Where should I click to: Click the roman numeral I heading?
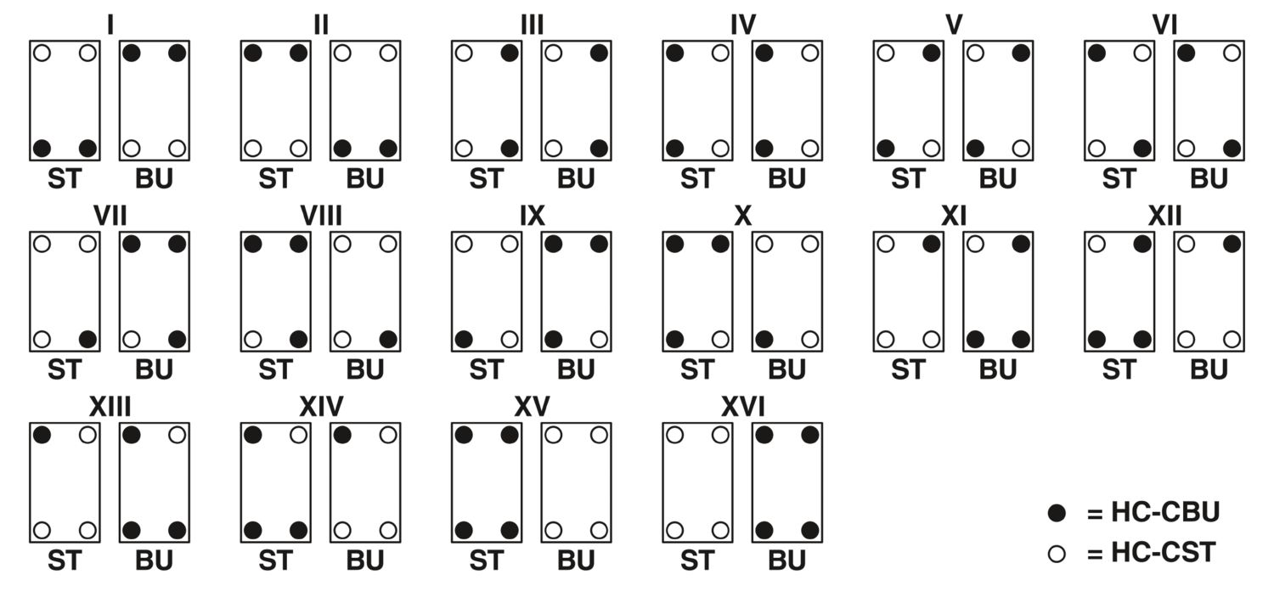110,25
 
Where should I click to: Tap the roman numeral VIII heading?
321,216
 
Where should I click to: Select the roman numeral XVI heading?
742,407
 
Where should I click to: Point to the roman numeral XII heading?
1164,216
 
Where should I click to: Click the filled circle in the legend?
1057,513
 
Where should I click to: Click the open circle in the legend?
1057,554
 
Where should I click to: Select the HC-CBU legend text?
1153,512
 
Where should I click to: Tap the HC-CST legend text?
1151,553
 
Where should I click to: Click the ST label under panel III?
487,179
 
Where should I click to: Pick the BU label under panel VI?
1209,179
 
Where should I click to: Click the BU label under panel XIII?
154,561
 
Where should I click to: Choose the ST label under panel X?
697,370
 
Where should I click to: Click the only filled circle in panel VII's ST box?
87,340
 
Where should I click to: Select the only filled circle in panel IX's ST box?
464,340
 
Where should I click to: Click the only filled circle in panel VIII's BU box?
388,340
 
